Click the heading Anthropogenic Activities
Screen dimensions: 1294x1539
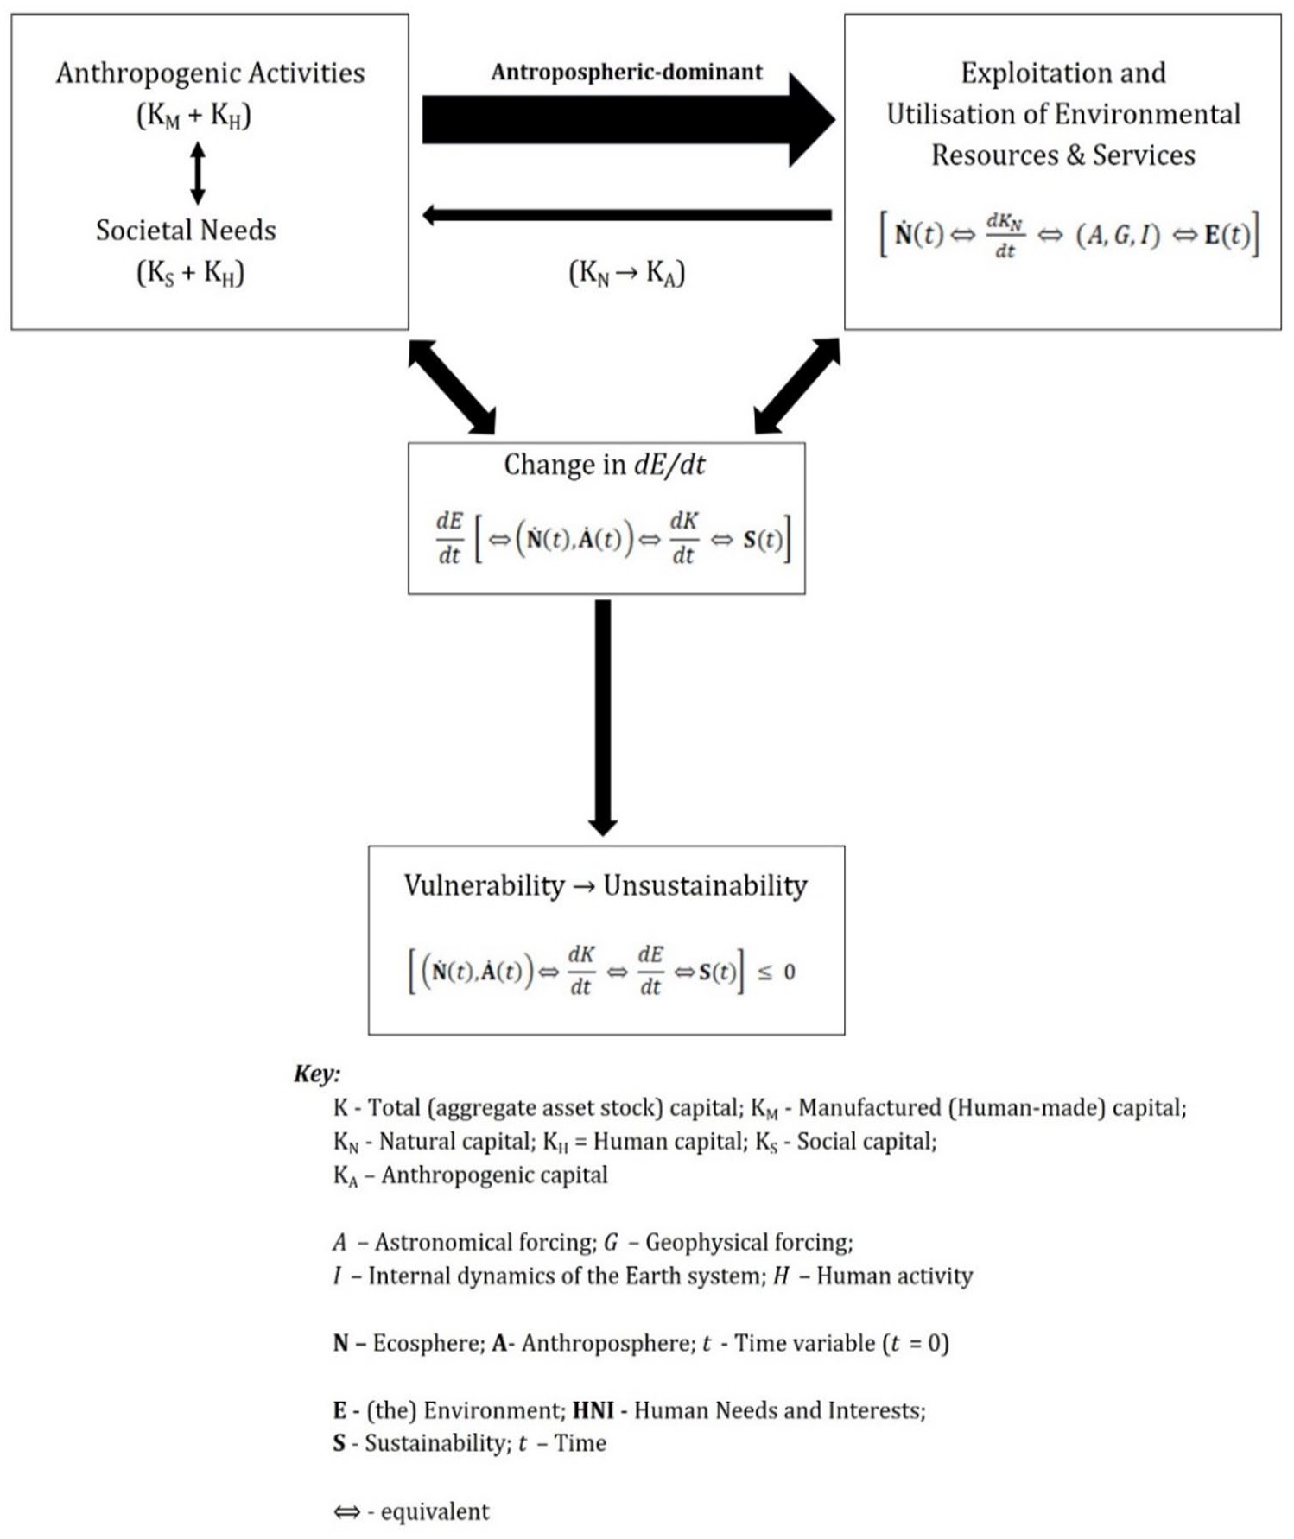click(210, 74)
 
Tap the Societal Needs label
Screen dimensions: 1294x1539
click(186, 231)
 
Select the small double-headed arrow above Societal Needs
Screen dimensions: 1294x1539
click(198, 173)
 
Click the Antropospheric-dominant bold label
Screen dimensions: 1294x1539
click(626, 72)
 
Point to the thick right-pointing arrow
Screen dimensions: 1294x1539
click(629, 119)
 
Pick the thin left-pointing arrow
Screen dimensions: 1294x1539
click(626, 215)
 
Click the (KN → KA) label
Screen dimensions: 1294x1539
click(626, 274)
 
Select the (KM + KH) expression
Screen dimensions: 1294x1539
click(194, 116)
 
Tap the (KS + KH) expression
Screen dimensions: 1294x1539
click(191, 274)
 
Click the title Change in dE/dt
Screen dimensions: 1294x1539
click(605, 465)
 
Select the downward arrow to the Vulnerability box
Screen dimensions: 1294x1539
click(603, 718)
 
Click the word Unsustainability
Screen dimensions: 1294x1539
click(705, 885)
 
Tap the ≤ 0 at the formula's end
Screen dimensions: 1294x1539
click(777, 972)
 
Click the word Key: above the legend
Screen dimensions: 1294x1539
click(317, 1074)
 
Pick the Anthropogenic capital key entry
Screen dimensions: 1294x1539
click(471, 1175)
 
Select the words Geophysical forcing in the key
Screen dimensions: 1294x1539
click(749, 1243)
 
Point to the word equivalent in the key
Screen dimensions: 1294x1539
click(435, 1511)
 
